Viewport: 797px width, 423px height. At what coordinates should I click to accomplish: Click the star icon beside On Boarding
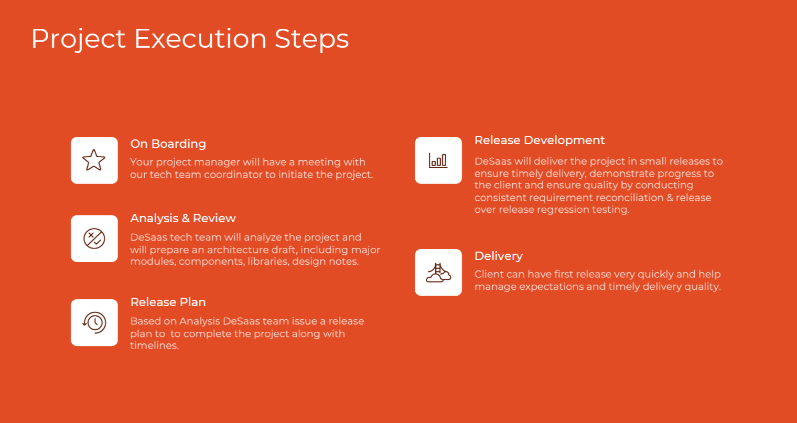(94, 160)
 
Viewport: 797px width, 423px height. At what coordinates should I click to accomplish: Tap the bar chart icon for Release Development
(438, 160)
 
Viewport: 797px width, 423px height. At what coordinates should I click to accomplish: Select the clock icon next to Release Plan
(94, 322)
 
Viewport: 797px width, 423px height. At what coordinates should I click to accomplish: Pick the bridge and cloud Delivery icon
(438, 273)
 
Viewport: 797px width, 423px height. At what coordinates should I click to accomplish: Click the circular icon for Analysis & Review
(94, 238)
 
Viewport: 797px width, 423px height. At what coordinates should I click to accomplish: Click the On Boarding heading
(168, 144)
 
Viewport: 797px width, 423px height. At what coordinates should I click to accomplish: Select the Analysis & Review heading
(183, 218)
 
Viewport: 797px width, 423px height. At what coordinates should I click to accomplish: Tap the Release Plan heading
(168, 302)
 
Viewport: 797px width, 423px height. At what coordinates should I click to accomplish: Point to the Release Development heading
(540, 140)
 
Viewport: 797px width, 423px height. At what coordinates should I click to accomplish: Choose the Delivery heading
(499, 256)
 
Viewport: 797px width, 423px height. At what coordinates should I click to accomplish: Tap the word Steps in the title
(311, 39)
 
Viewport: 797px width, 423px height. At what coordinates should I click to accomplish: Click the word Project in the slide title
(78, 39)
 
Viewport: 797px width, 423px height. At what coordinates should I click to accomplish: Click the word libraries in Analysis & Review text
(268, 262)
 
